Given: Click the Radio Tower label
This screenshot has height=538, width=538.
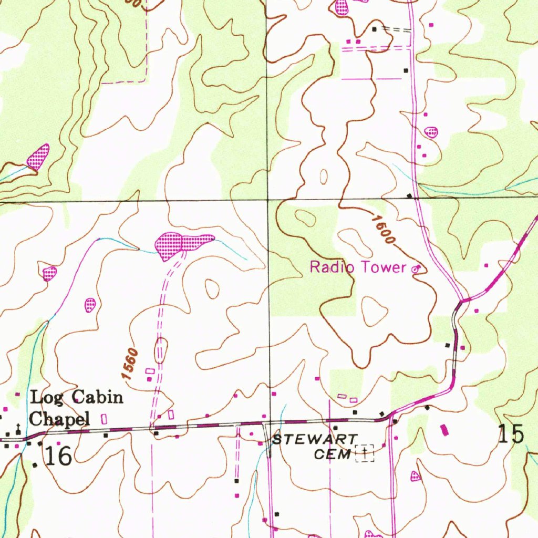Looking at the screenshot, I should [358, 267].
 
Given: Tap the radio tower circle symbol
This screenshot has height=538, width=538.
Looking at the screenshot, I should [415, 269].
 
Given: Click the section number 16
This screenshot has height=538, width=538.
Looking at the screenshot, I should [58, 456].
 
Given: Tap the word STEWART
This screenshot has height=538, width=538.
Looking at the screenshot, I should [314, 439].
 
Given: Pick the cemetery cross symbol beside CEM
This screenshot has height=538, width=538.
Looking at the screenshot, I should [365, 451].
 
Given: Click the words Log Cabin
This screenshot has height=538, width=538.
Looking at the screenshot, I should [77, 397].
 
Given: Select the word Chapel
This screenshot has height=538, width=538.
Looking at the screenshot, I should [59, 419].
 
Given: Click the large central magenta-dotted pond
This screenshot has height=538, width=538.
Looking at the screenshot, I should [181, 244].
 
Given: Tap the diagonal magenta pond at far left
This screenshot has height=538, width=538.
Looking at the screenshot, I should [38, 157].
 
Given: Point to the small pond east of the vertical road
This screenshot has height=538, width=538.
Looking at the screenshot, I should [431, 131].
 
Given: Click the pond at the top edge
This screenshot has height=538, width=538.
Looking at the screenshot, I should [342, 7].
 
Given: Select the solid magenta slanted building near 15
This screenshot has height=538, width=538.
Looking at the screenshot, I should [446, 430].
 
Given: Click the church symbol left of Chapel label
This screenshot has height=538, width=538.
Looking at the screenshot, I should [18, 428].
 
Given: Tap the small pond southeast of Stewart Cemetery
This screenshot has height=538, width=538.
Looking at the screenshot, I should [416, 476].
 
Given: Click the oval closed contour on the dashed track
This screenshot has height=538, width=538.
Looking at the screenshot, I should [161, 350].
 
